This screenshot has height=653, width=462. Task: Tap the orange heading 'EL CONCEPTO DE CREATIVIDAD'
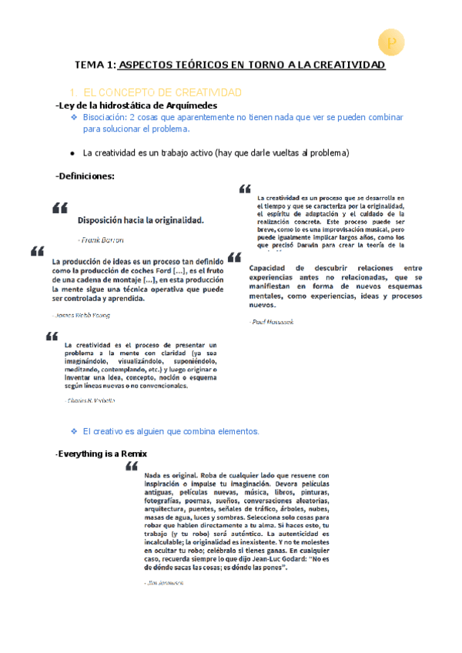[162, 92]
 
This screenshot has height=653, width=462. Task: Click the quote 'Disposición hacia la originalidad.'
[140, 219]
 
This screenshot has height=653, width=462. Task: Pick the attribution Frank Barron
[100, 239]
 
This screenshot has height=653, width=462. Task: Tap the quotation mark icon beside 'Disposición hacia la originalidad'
[59, 208]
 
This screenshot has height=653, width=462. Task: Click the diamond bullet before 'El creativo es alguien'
[74, 431]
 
